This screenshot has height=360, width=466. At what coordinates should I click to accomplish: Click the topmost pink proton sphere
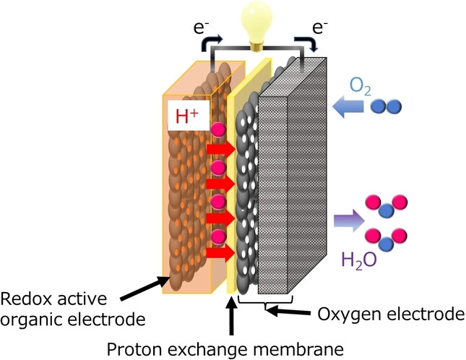[x=218, y=130]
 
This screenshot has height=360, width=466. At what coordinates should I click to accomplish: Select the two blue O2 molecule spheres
[x=387, y=107]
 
